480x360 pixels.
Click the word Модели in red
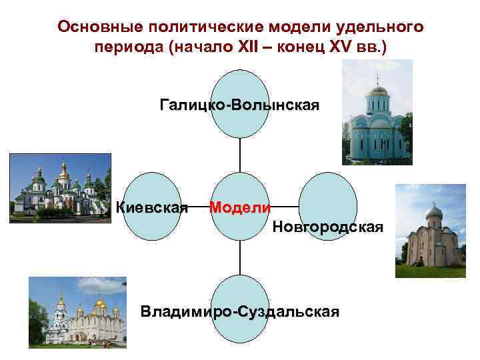click(x=240, y=207)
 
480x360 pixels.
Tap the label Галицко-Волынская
click(x=239, y=105)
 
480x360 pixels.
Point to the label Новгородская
click(x=327, y=227)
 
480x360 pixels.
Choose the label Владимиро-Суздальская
click(x=239, y=311)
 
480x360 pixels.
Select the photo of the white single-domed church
click(x=430, y=231)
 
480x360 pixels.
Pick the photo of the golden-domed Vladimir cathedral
click(x=77, y=312)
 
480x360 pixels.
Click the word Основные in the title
click(x=101, y=27)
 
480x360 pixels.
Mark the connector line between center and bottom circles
click(x=240, y=257)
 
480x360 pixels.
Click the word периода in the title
click(x=123, y=49)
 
